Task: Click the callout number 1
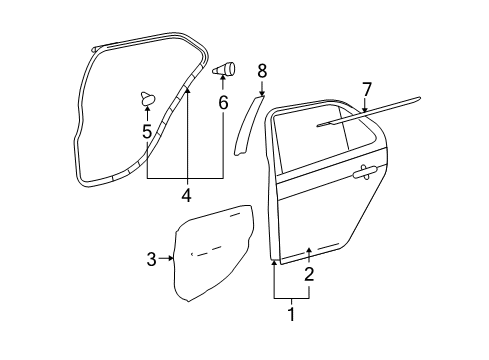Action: (291, 315)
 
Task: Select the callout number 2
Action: (309, 273)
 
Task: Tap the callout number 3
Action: (152, 260)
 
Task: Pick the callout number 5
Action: (146, 131)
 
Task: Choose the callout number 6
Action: (223, 102)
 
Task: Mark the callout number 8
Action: (262, 70)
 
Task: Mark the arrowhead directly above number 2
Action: (309, 251)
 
